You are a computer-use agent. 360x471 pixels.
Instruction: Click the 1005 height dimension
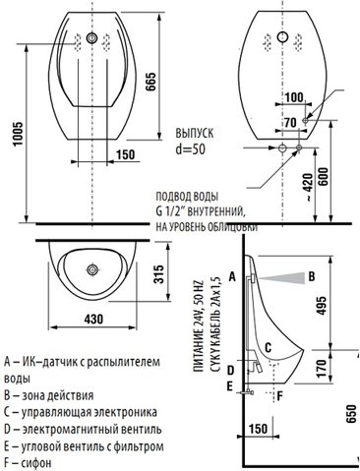tap(18, 135)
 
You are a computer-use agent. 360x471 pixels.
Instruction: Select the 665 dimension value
tap(151, 82)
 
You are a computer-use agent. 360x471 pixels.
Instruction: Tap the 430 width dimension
tap(93, 319)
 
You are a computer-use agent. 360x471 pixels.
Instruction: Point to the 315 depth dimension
tap(158, 274)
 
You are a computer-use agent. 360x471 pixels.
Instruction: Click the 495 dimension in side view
tap(322, 306)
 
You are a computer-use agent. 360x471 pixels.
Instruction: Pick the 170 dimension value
tap(322, 368)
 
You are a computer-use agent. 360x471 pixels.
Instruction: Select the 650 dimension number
tap(351, 414)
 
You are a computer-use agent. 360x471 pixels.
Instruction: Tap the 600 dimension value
tap(323, 177)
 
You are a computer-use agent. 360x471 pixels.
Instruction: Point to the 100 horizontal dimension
tap(294, 97)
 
